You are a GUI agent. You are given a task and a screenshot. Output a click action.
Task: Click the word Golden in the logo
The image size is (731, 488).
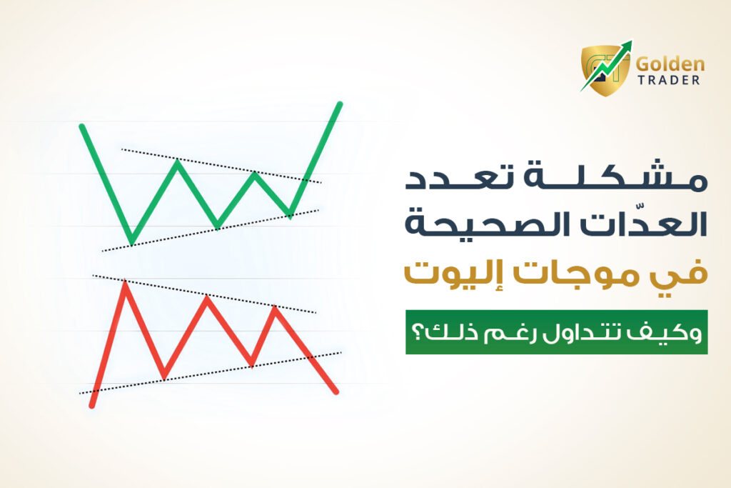point(670,64)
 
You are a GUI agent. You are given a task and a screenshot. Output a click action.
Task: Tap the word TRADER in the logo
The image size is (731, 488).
point(668,80)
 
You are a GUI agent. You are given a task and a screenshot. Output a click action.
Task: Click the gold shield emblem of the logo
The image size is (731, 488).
point(605,70)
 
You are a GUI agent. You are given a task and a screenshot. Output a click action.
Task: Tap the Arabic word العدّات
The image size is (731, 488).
point(652,222)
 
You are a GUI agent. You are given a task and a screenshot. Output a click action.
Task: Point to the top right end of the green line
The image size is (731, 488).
point(340,104)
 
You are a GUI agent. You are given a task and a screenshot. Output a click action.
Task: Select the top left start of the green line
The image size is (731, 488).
point(82,126)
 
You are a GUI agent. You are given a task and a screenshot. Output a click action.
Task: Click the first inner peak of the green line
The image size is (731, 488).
point(177,162)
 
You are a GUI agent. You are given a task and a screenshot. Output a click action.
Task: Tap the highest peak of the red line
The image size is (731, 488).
point(125,283)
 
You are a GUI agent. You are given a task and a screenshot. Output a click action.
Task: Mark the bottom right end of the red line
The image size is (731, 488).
point(336,392)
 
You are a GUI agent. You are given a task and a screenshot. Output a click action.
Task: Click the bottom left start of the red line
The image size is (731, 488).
point(92,406)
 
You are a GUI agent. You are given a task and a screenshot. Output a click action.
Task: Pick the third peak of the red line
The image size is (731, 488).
point(275,308)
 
